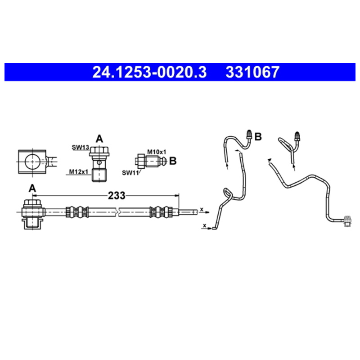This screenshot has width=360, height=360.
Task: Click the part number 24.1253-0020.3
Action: [149, 72]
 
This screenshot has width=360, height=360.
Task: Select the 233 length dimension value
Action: [117, 196]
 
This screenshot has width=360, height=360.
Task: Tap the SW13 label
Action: [81, 147]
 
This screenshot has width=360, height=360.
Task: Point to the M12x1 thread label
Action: [79, 171]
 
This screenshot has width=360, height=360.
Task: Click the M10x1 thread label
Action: [157, 152]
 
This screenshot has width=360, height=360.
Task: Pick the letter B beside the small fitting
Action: [173, 160]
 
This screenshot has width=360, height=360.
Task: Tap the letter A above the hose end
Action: [32, 188]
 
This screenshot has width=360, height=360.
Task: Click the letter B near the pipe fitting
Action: [258, 136]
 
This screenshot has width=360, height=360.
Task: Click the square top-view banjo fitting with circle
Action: [32, 161]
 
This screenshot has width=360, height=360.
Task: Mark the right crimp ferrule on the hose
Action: [161, 211]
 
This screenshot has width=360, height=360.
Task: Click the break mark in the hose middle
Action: [118, 211]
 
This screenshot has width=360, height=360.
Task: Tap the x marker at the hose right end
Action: [202, 209]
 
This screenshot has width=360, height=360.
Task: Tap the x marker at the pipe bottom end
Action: [205, 225]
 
